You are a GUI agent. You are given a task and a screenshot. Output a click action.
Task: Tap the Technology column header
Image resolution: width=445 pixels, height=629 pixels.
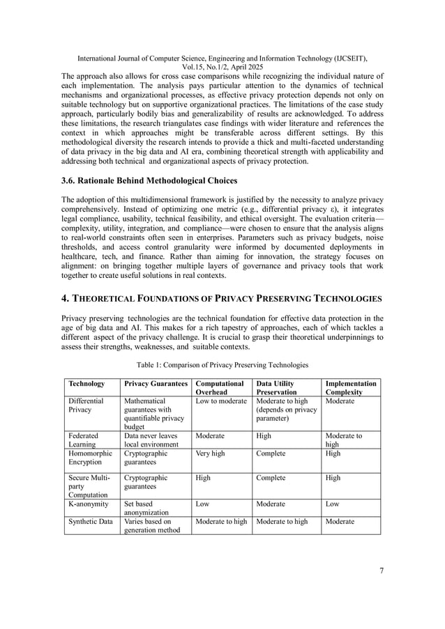click(86, 384)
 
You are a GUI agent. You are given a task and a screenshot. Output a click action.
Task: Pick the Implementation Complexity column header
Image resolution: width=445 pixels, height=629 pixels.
click(351, 388)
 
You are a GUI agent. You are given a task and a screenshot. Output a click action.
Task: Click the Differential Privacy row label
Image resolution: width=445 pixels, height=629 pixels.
click(86, 406)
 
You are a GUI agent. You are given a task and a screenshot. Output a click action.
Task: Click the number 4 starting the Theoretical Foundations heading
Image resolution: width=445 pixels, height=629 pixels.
click(66, 298)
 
